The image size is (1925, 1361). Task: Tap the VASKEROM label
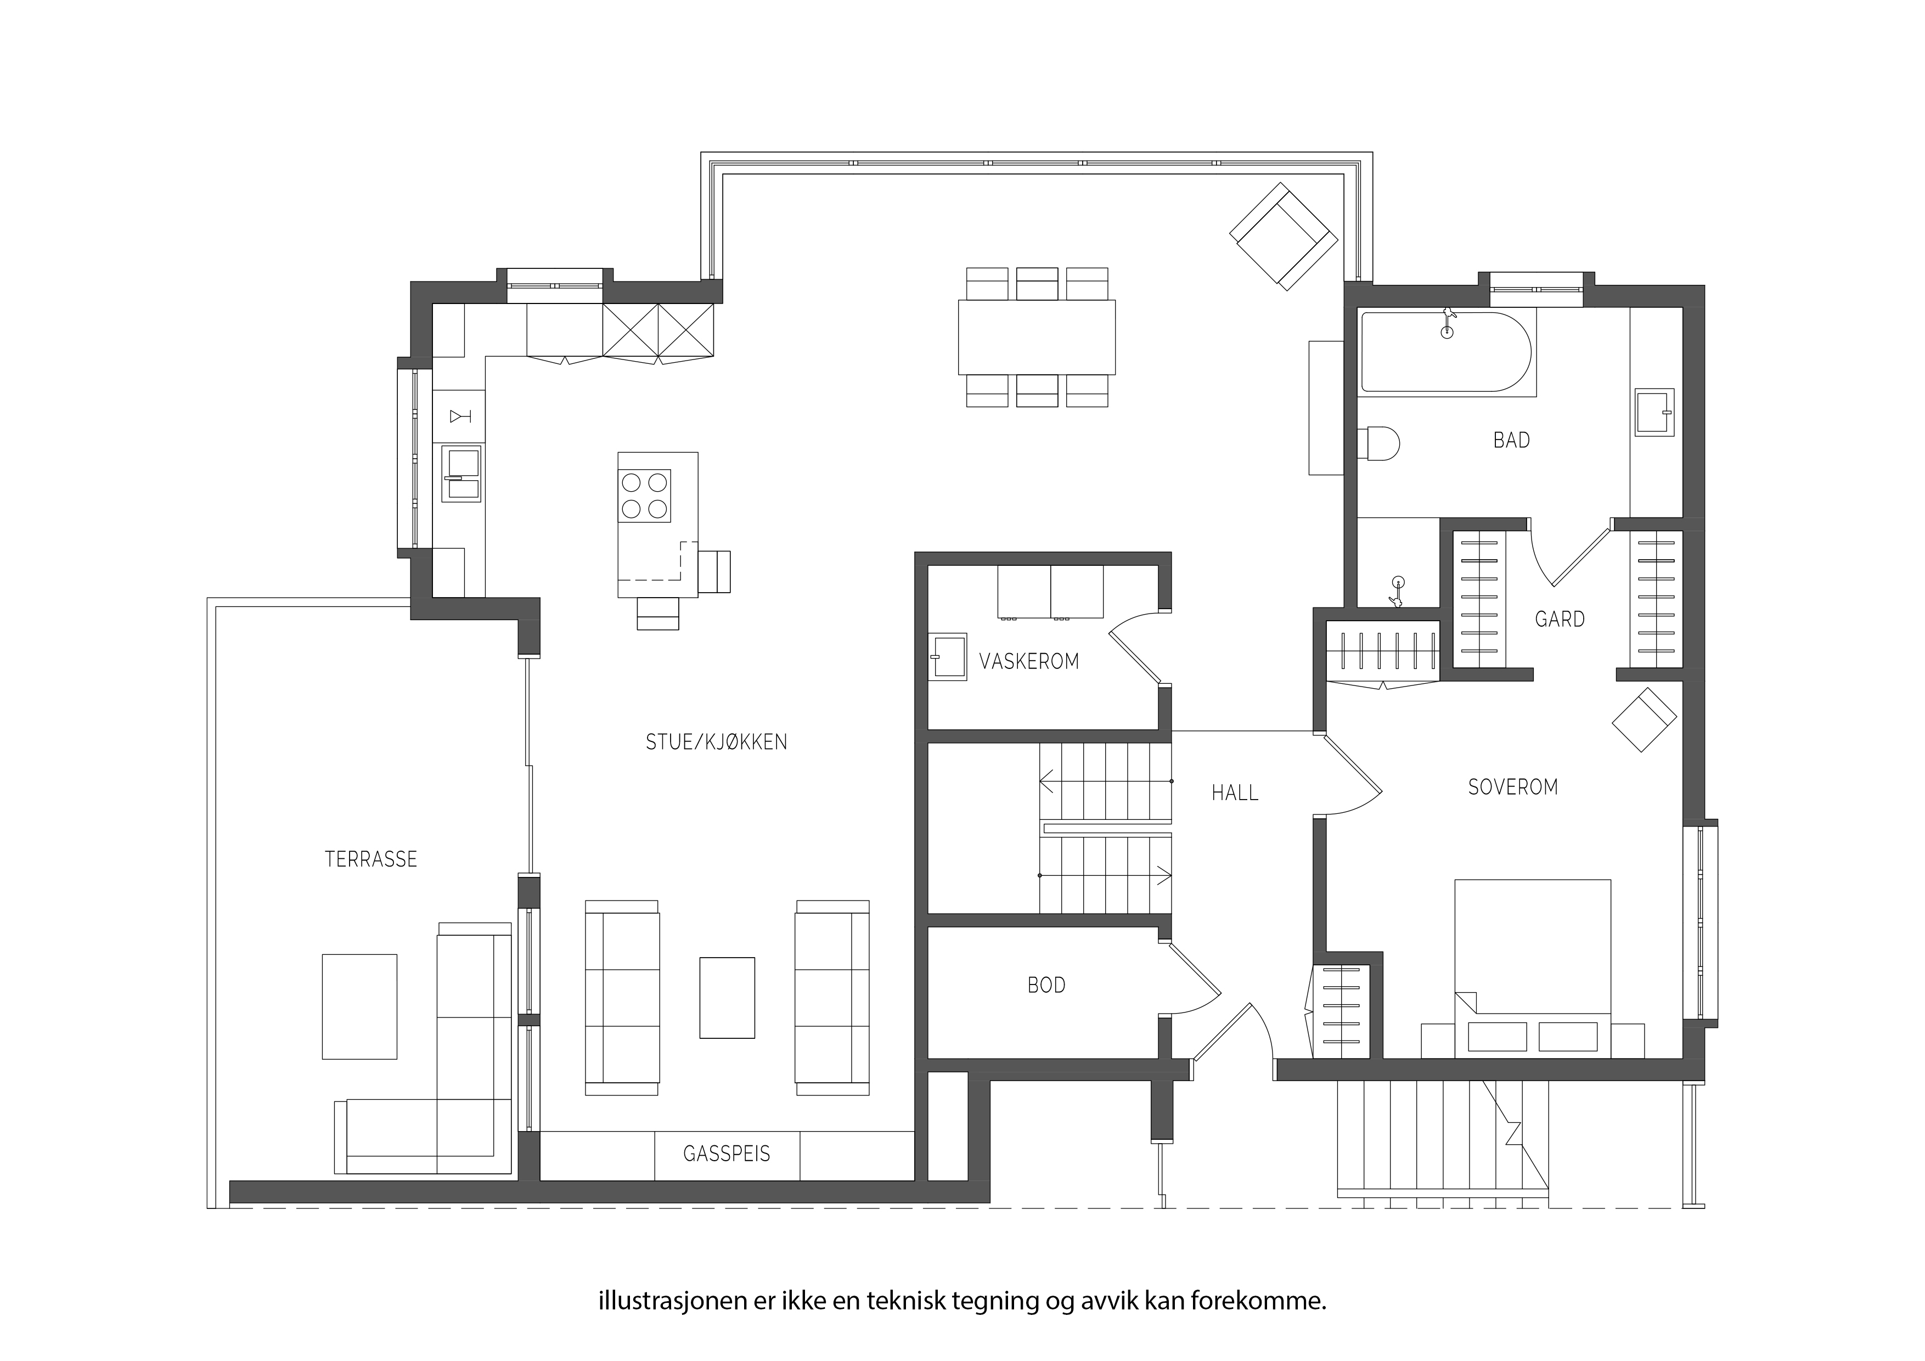[x=1029, y=662]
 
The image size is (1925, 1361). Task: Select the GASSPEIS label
[x=726, y=1154]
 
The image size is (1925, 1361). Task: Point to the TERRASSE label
[x=370, y=859]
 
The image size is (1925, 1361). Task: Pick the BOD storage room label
[x=1046, y=985]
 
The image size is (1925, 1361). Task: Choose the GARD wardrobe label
[x=1560, y=619]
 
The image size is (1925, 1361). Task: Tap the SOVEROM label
[x=1512, y=786]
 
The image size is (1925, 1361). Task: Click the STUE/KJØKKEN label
[x=716, y=742]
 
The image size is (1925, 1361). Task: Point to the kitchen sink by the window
[x=461, y=474]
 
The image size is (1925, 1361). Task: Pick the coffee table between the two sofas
[x=727, y=998]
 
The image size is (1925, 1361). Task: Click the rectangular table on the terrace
[x=359, y=1006]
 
